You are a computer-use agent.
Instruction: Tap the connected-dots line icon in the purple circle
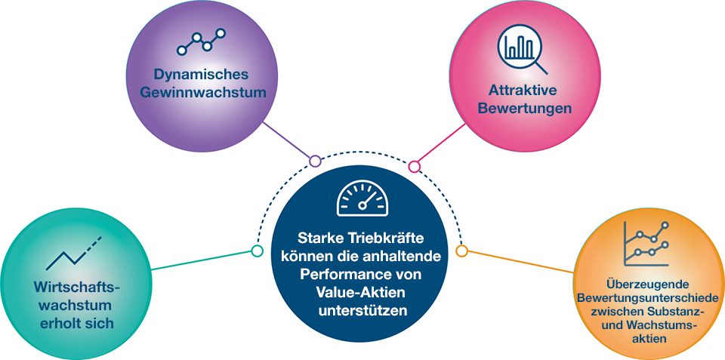point(201,43)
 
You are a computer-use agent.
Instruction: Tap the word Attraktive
point(523,91)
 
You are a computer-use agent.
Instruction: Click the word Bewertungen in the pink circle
point(523,109)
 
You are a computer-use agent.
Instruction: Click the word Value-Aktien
point(360,291)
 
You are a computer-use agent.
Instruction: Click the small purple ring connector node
point(316,161)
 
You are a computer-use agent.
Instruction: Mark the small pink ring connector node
point(414,166)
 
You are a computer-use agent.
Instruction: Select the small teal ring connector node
point(257,251)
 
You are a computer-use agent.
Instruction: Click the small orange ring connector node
point(462,251)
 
